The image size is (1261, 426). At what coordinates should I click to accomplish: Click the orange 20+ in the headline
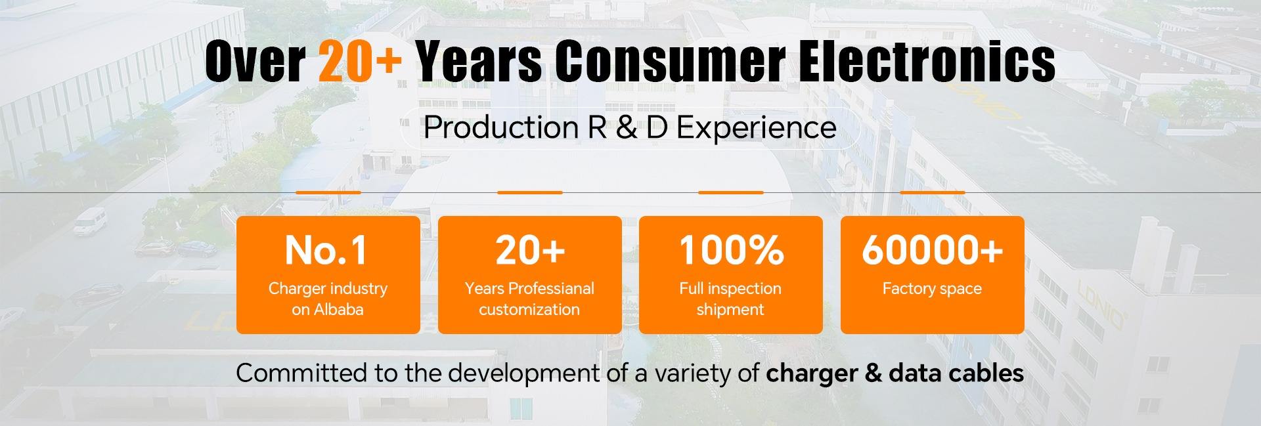coord(360,60)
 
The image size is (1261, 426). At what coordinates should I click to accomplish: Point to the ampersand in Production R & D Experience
coord(626,127)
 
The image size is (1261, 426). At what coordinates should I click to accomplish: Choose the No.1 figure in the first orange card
coord(326,250)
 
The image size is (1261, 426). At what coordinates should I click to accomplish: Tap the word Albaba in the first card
coord(338,309)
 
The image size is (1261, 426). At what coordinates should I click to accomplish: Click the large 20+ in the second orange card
coord(530,250)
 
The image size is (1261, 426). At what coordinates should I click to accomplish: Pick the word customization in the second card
coord(529,309)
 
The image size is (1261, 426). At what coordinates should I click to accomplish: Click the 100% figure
coord(731,250)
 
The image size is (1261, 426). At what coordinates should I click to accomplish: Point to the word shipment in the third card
coord(730,310)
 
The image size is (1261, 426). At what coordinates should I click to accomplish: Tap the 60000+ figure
coord(933,250)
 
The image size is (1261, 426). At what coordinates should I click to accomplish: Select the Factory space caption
coord(932,289)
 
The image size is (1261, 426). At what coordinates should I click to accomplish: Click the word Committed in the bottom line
coord(301,373)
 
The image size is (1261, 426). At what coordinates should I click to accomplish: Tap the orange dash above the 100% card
coord(731,192)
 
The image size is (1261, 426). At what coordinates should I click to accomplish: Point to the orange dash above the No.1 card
coord(328,192)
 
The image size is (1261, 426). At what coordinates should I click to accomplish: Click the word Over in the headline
coord(255,60)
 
